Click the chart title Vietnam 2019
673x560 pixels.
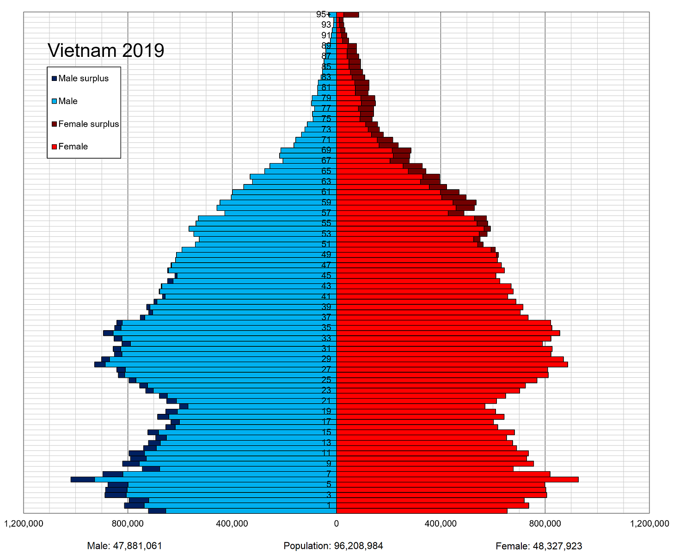coord(106,50)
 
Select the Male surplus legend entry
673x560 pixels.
coord(83,79)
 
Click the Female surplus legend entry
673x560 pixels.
coord(88,124)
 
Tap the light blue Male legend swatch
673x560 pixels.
coord(55,101)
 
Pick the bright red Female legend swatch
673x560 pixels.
coord(55,147)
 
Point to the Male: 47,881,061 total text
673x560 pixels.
coord(124,546)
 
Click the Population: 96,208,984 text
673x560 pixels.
coord(333,546)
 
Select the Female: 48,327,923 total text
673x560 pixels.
coord(538,546)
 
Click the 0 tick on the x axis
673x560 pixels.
coord(336,523)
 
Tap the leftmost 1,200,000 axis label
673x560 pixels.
coord(24,523)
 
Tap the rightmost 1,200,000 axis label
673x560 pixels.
coord(649,523)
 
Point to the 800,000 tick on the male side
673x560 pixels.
coord(128,523)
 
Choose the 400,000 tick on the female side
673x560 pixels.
coord(441,523)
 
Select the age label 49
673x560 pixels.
coord(326,254)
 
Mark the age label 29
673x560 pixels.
coord(326,359)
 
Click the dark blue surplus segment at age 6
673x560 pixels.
coord(83,479)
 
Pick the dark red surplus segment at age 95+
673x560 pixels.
coord(351,15)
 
